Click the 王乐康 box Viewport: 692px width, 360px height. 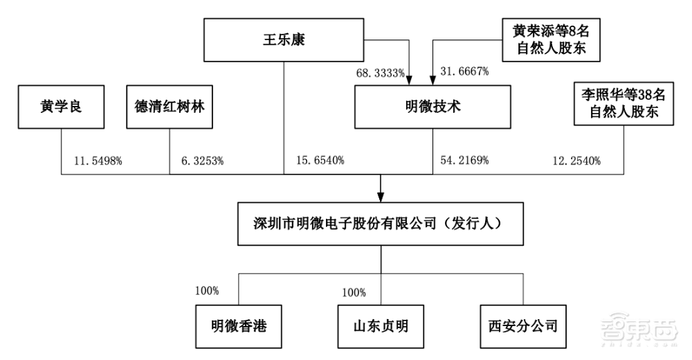tap(285, 39)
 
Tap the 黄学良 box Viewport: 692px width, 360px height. tap(62, 107)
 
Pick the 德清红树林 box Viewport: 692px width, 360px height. tap(170, 107)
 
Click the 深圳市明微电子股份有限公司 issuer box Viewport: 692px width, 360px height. tap(381, 224)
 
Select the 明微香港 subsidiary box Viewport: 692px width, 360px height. tap(239, 325)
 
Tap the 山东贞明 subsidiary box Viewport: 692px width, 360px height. tap(381, 325)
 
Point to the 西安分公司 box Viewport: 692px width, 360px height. tap(522, 325)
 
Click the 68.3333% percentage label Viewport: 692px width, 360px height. tap(381, 72)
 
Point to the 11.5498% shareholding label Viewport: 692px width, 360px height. tap(98, 161)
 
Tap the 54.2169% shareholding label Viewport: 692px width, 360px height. tap(465, 161)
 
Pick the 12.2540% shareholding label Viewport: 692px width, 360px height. tap(576, 161)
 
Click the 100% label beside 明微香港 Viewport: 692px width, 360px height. tap(207, 290)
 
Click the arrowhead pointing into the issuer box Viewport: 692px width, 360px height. tap(381, 197)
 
